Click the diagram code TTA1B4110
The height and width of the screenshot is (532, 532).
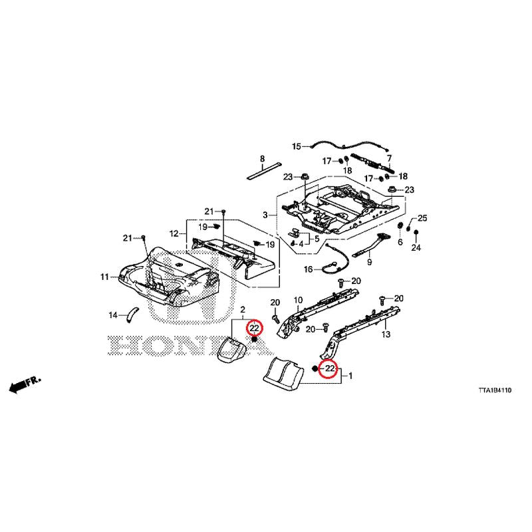(x=495, y=390)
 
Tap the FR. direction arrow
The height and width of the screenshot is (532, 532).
(x=25, y=384)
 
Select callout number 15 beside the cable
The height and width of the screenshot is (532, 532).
(x=297, y=146)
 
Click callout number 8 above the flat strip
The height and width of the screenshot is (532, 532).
(x=262, y=158)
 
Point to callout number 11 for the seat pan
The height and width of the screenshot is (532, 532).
(x=104, y=277)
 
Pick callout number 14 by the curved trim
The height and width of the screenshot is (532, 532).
(x=113, y=315)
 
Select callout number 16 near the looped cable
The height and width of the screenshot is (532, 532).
(x=309, y=270)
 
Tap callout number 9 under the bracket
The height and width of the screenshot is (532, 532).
(x=370, y=262)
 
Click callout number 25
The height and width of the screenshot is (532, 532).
(x=422, y=218)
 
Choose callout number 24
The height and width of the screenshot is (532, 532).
(x=416, y=247)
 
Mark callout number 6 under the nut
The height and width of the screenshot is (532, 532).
(x=400, y=242)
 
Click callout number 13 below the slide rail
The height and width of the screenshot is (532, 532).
(x=386, y=334)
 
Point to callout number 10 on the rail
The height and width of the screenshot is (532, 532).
(x=298, y=300)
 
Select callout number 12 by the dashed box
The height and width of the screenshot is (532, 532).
(x=174, y=234)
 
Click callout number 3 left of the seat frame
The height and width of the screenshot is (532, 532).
(x=265, y=215)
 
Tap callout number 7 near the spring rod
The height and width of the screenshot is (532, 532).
(x=389, y=158)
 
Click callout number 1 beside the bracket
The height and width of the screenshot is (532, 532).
(x=351, y=376)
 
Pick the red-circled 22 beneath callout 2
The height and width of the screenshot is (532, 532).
(x=255, y=328)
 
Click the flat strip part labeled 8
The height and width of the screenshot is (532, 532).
(x=263, y=172)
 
